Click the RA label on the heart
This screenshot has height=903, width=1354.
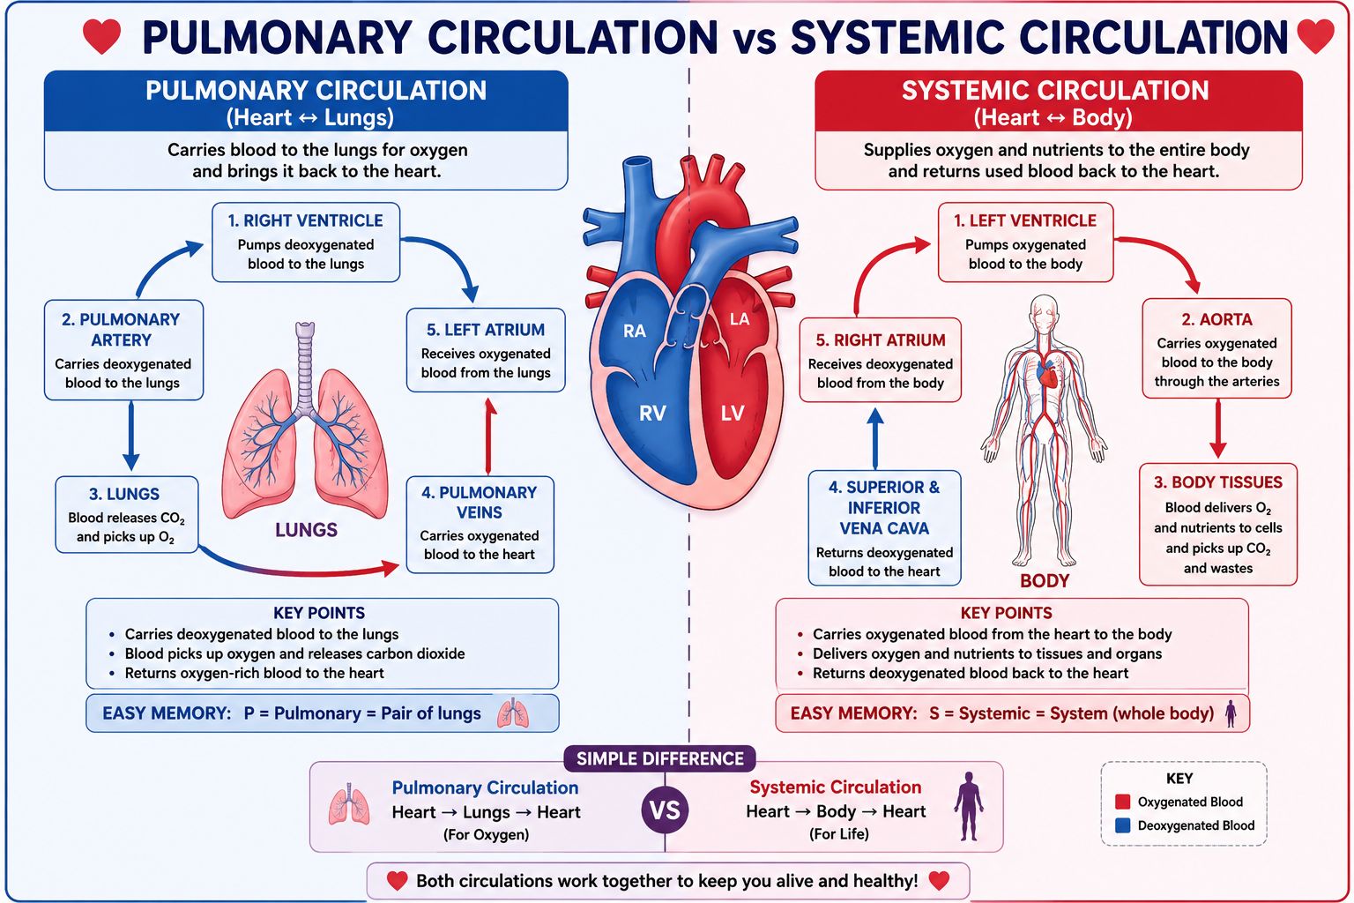click(x=634, y=331)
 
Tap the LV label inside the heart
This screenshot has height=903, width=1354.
click(x=732, y=414)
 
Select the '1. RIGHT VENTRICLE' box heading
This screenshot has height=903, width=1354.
click(x=305, y=220)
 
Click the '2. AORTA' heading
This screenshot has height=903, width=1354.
click(x=1216, y=319)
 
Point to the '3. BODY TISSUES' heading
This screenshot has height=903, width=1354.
click(x=1218, y=482)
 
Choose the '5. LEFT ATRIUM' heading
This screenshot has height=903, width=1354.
click(x=486, y=330)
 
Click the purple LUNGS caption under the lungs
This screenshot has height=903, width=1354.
click(x=306, y=530)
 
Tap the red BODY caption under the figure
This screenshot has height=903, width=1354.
click(x=1045, y=580)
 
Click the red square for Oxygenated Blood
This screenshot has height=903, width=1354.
click(x=1122, y=802)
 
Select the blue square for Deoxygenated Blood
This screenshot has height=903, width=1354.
click(x=1122, y=825)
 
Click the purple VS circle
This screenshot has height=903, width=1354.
click(x=665, y=810)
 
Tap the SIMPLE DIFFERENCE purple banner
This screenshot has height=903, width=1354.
click(x=659, y=758)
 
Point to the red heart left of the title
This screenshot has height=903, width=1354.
click(x=101, y=36)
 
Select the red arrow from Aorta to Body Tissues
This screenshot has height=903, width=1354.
click(x=1218, y=429)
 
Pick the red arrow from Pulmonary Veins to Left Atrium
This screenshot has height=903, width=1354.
click(x=489, y=437)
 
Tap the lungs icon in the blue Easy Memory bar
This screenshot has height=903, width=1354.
click(x=512, y=713)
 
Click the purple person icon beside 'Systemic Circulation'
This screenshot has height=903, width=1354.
click(x=969, y=806)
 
